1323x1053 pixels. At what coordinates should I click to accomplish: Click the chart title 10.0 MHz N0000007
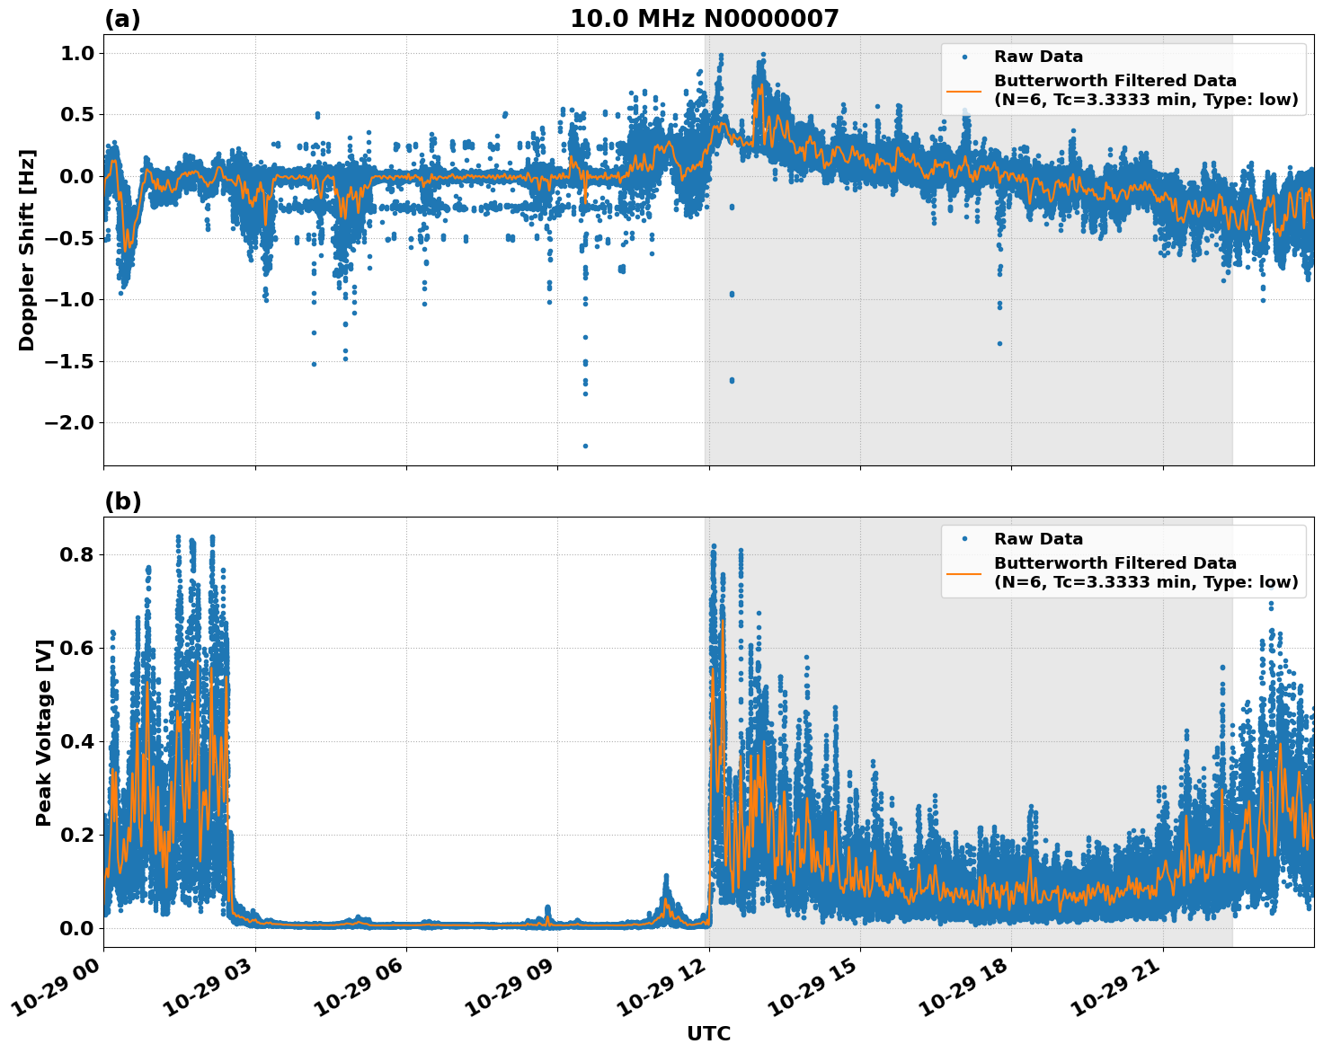coord(704,19)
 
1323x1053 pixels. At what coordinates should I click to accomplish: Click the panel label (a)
coord(122,19)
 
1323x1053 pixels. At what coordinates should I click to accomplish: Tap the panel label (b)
coord(122,501)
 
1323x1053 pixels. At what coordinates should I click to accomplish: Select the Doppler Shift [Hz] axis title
coord(27,250)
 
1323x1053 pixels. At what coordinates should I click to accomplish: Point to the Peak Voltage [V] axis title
coord(44,732)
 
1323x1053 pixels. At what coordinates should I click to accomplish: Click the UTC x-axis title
coord(708,1033)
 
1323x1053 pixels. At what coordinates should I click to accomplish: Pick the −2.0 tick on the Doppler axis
coord(68,423)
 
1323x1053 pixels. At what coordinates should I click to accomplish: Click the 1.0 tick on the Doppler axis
coord(75,54)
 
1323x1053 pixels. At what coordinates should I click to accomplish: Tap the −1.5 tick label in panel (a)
coord(68,361)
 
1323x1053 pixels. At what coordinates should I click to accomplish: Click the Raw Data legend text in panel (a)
coord(1038,57)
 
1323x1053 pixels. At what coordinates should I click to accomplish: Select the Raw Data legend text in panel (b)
coord(1038,539)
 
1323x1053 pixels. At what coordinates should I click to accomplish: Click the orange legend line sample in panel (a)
coord(963,90)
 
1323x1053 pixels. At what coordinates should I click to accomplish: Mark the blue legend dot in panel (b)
coord(963,539)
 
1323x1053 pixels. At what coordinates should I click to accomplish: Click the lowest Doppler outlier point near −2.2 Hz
coord(585,446)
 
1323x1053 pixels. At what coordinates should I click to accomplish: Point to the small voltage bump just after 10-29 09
coord(547,911)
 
